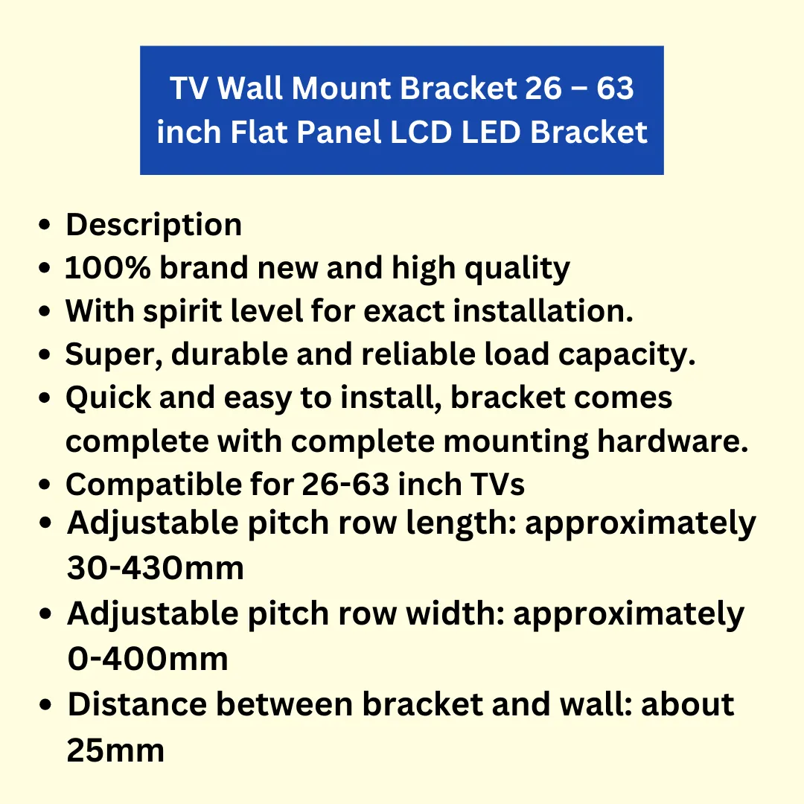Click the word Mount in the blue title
click(341, 88)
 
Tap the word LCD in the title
click(421, 132)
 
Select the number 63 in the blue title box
click(615, 88)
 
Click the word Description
click(154, 226)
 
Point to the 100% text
click(108, 268)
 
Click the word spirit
click(182, 312)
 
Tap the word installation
click(543, 310)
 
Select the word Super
click(114, 355)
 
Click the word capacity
click(627, 355)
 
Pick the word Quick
click(108, 398)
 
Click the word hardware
click(673, 441)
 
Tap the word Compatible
click(154, 485)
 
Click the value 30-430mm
click(156, 568)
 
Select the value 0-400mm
click(147, 659)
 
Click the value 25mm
click(115, 750)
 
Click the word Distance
click(138, 704)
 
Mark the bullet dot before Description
click(45, 225)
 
